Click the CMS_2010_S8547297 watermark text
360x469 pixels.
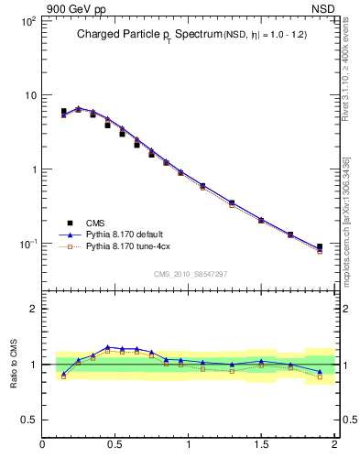190,274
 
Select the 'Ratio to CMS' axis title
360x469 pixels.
13,364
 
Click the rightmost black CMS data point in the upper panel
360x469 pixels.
320,246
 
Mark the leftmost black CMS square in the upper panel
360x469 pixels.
63,112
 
